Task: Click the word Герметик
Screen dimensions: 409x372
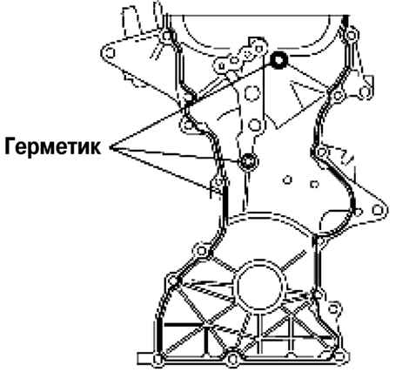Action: pos(53,147)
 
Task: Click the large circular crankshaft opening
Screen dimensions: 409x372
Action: pos(260,287)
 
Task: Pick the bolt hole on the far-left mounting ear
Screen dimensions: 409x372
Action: pos(110,53)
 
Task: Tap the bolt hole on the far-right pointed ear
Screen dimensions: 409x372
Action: pos(377,210)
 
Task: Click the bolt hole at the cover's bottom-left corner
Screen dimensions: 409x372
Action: pos(158,359)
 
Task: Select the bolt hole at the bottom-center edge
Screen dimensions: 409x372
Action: pos(232,359)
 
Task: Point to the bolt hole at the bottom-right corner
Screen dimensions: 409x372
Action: pos(341,357)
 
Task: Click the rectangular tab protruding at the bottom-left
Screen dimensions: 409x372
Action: pos(145,359)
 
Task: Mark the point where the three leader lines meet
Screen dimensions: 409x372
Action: pos(111,147)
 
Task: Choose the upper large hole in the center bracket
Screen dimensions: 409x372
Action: pos(251,93)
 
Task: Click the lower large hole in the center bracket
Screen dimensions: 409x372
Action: pos(255,125)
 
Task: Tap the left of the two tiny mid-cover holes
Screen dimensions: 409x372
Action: pos(287,180)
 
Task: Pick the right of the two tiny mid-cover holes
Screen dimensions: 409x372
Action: pos(314,184)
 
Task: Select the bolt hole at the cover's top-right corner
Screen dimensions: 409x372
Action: pos(352,36)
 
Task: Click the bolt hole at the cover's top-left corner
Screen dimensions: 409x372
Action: pos(167,37)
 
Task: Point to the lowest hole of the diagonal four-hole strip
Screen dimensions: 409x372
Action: pos(221,66)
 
